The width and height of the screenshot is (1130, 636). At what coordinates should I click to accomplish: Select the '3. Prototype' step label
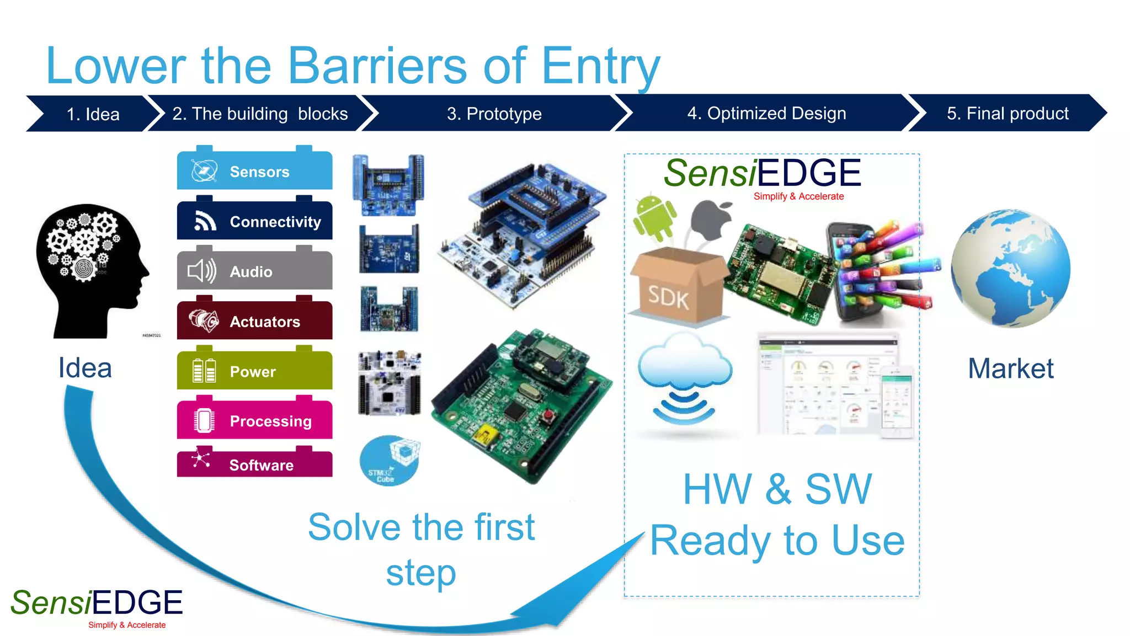[x=494, y=114]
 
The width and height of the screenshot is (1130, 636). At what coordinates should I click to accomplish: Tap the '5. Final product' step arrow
[x=1007, y=113]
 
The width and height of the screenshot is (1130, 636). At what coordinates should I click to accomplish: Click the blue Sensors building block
[x=254, y=171]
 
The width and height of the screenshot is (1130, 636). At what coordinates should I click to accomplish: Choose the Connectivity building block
[x=254, y=221]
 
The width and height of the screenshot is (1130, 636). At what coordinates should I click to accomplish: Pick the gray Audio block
[x=254, y=271]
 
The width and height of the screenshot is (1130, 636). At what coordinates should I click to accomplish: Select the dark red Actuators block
[x=254, y=321]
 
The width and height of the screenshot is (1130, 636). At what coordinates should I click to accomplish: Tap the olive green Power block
[x=254, y=371]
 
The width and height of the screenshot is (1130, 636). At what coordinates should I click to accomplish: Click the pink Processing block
[x=254, y=420]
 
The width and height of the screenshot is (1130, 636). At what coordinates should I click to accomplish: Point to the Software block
[x=254, y=464]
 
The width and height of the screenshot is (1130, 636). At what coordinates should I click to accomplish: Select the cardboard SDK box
[x=678, y=287]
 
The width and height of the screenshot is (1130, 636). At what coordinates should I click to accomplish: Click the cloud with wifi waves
[x=685, y=378]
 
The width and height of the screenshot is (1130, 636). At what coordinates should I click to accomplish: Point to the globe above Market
[x=1010, y=269]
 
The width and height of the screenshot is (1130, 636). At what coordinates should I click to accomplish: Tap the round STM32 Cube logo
[x=389, y=461]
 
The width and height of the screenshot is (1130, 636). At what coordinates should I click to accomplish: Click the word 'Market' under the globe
[x=1010, y=368]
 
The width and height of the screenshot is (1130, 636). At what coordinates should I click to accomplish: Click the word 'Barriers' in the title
[x=377, y=66]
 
